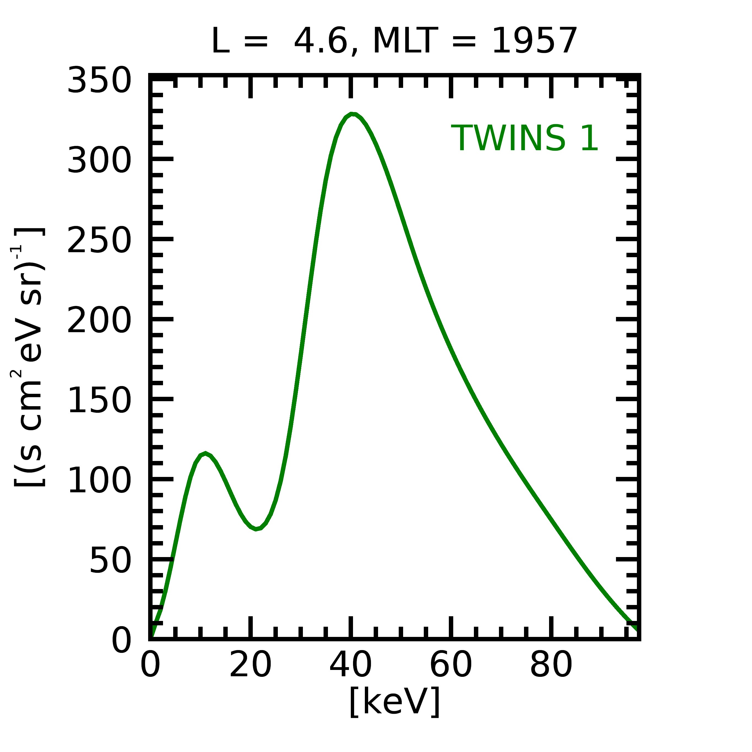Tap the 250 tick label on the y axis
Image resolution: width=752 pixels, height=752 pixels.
(99, 241)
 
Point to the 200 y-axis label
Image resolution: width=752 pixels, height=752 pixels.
(99, 320)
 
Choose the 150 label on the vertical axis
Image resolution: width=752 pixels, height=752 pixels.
(99, 401)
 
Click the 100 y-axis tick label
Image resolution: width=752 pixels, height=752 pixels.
(99, 481)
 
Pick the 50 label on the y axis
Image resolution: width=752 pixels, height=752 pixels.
(110, 561)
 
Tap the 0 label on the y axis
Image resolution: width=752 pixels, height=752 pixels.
(121, 641)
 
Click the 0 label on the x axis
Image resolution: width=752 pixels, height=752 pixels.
(150, 666)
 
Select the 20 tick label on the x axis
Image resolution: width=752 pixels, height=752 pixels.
(250, 666)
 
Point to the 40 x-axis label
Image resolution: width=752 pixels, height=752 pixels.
(351, 666)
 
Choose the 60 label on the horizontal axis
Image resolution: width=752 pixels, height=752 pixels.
(451, 666)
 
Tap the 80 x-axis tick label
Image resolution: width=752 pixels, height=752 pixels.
(551, 666)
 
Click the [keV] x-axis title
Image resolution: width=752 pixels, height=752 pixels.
(395, 701)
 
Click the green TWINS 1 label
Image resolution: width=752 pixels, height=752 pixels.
(524, 138)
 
